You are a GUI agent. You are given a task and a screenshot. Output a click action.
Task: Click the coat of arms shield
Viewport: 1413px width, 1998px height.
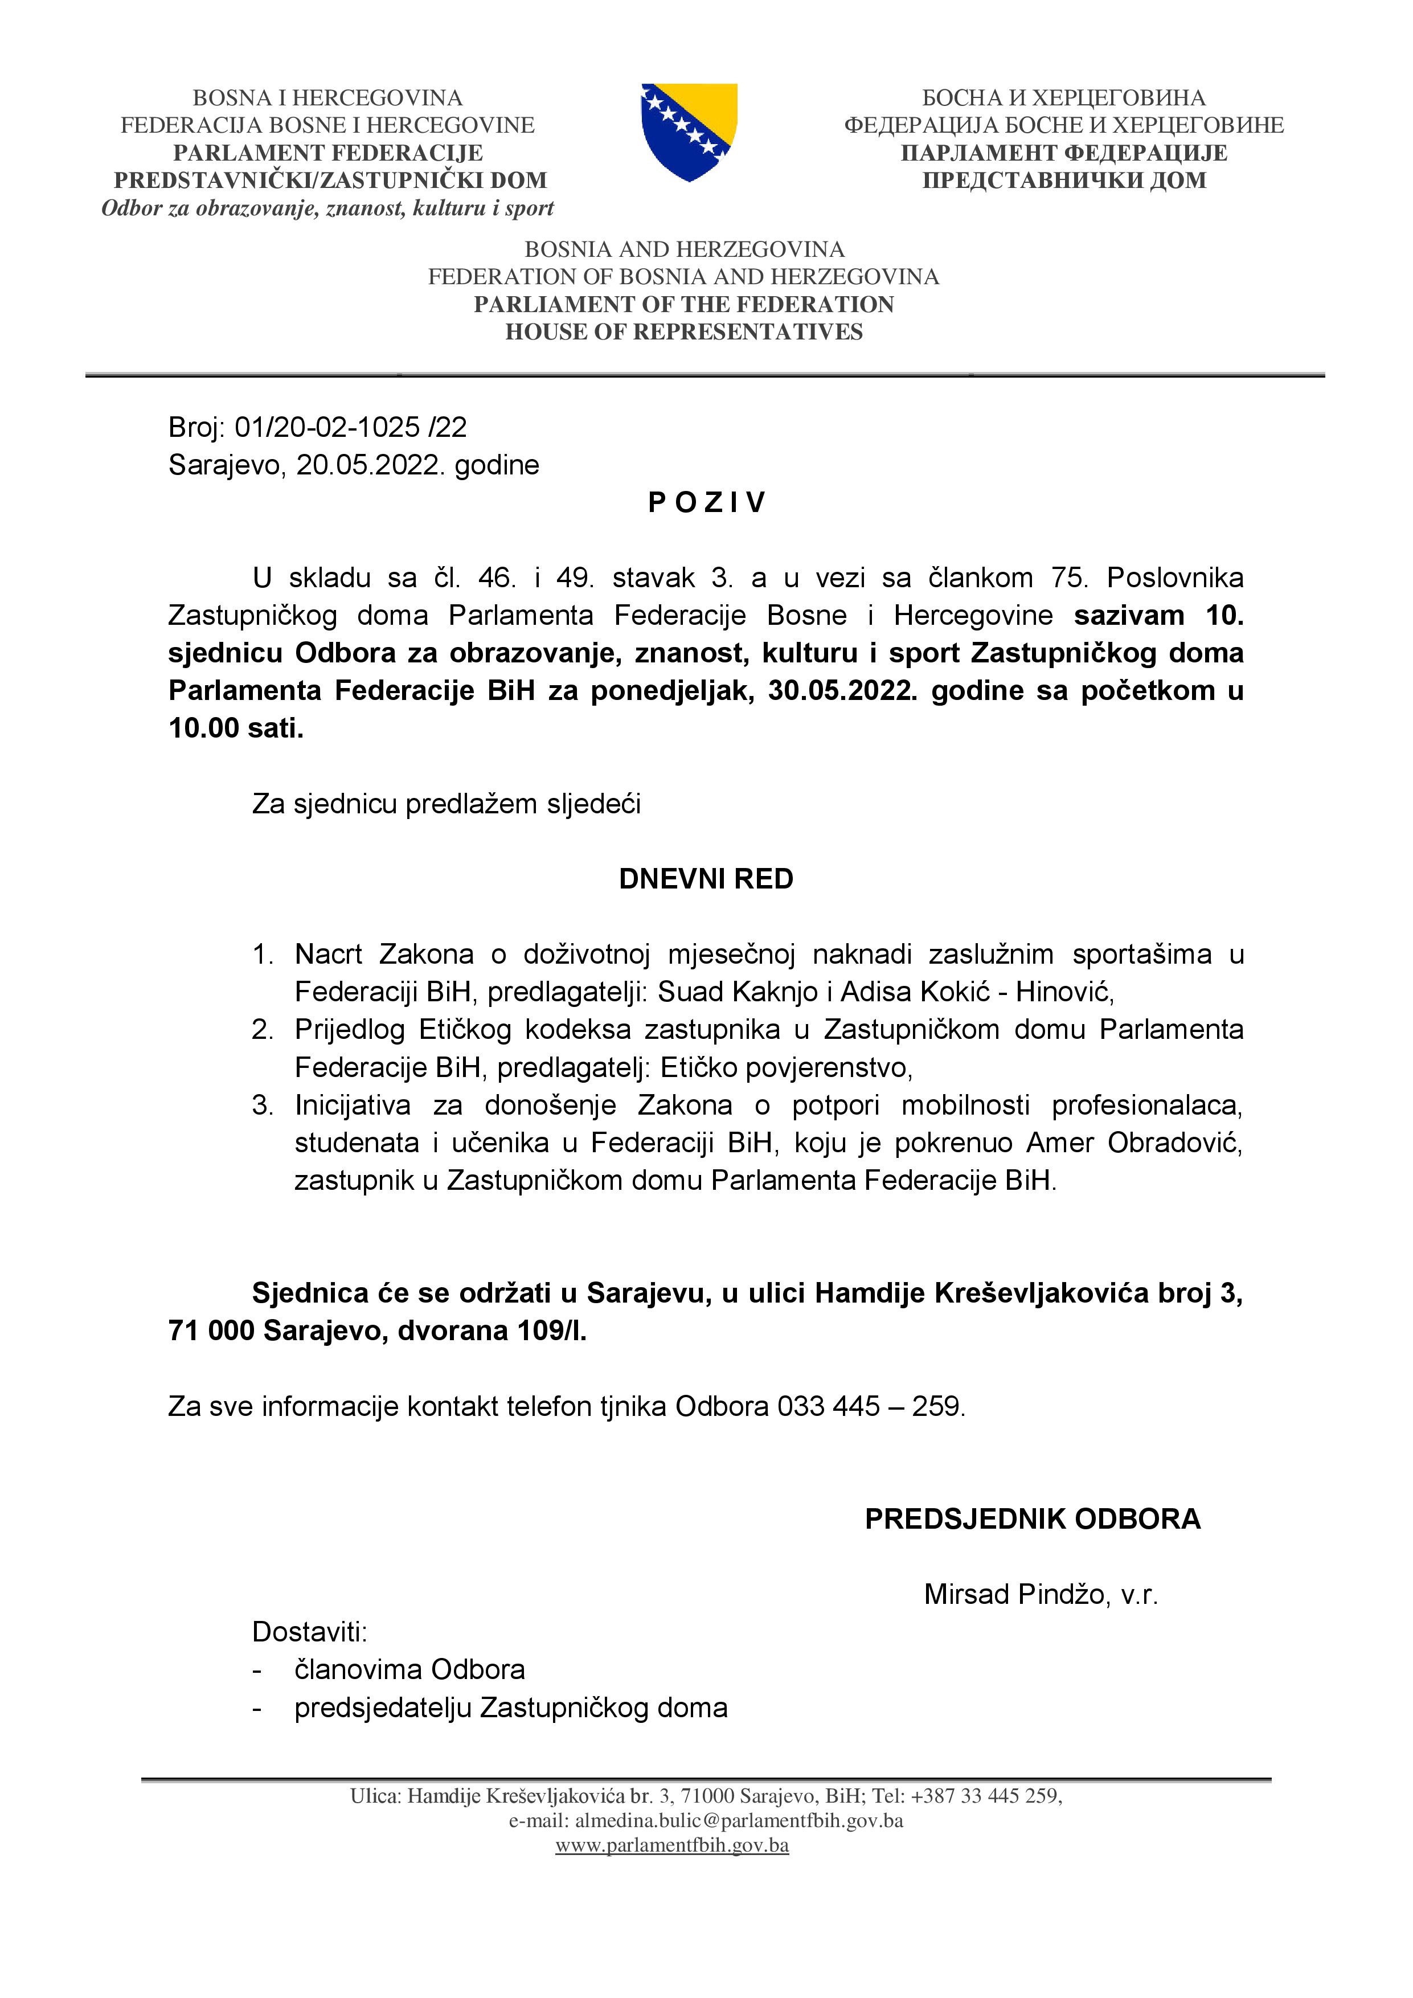point(689,132)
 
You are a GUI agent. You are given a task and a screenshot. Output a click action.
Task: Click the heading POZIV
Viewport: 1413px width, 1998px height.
point(706,503)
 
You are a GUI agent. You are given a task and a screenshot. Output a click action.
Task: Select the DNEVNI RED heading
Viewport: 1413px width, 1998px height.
point(706,879)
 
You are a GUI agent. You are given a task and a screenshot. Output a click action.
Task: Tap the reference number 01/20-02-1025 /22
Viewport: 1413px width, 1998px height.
point(351,427)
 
